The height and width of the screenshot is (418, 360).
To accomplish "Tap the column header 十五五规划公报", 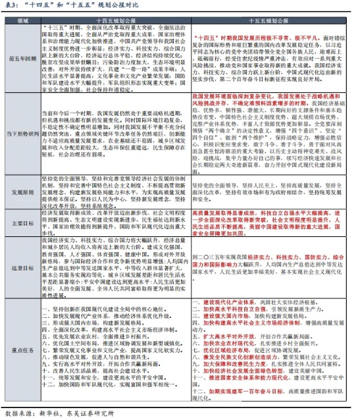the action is [270, 20].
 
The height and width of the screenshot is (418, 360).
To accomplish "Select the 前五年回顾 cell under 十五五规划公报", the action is [270, 57].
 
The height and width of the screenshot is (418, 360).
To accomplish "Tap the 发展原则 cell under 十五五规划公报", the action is [270, 192].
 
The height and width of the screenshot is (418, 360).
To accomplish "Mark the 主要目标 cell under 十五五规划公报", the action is [270, 222].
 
